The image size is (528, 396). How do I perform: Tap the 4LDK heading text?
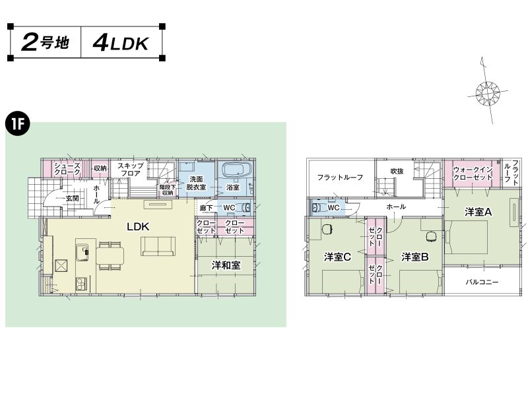(121, 44)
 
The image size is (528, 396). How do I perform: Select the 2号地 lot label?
(45, 43)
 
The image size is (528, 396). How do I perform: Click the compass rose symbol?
(487, 92)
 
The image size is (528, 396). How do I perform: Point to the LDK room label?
(138, 226)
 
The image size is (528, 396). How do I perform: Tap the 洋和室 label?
(226, 265)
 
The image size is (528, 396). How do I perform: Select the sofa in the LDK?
(158, 246)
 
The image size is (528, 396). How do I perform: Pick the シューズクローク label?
(67, 169)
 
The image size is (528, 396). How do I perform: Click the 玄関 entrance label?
(72, 199)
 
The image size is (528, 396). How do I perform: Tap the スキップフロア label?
(130, 170)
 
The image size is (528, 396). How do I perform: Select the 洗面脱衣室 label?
(196, 183)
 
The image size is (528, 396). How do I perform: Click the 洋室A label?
(478, 212)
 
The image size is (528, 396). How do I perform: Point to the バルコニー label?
(482, 282)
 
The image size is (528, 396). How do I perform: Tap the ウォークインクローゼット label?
(473, 173)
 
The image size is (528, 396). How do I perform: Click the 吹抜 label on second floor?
(397, 171)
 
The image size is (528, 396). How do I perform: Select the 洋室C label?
(337, 257)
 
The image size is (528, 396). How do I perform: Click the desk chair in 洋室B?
(431, 237)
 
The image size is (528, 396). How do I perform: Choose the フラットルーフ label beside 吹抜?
(340, 177)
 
